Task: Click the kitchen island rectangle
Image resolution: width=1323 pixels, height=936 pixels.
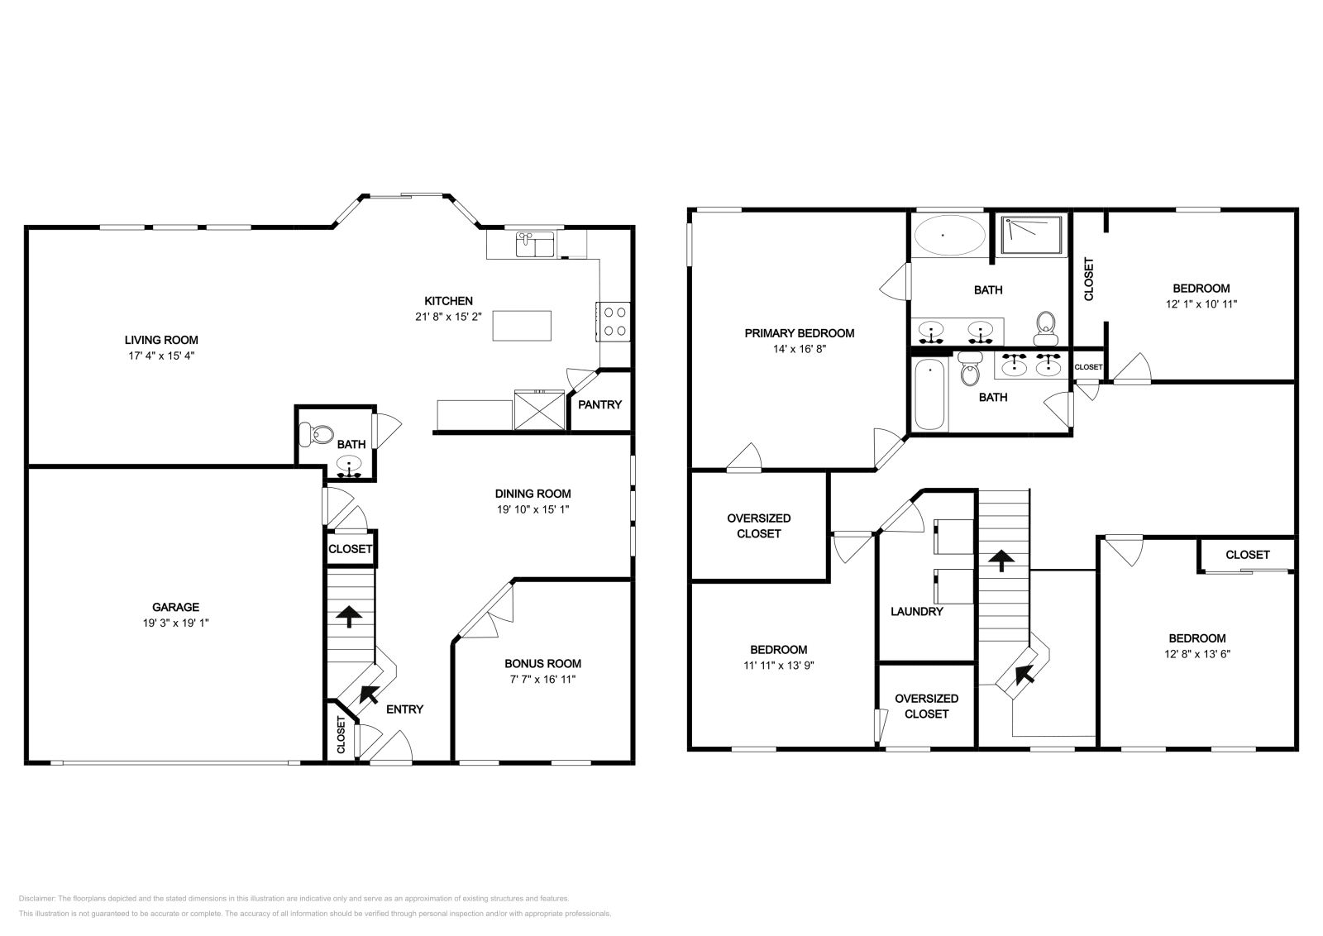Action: [522, 326]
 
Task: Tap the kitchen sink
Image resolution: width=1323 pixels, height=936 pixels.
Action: [535, 245]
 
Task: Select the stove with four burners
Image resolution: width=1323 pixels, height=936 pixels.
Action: [613, 322]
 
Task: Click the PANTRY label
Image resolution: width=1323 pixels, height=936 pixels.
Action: [599, 404]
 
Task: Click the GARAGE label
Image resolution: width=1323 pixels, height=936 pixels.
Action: [175, 607]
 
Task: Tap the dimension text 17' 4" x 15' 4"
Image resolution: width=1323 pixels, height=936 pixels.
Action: [161, 356]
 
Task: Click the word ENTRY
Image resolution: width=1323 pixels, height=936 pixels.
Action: [404, 709]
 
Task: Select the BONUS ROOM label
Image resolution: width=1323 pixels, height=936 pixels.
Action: [542, 663]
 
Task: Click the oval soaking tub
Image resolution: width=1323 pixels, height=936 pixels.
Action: [950, 235]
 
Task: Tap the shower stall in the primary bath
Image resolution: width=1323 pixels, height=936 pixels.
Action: [1031, 235]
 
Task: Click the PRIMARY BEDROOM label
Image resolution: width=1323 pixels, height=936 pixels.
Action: [799, 333]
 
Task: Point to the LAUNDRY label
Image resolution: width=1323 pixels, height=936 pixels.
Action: [917, 611]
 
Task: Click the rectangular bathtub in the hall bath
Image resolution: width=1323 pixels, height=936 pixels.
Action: [929, 394]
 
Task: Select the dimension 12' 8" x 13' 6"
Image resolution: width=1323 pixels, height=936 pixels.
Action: [1197, 654]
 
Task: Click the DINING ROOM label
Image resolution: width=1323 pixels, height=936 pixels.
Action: [533, 494]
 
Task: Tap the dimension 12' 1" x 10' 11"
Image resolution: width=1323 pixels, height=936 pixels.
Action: [1201, 304]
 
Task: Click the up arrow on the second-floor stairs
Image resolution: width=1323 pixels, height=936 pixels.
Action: [1001, 561]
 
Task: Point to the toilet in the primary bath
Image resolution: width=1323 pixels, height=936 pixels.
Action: [1046, 328]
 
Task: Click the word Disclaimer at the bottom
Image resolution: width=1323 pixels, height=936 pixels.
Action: [36, 898]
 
